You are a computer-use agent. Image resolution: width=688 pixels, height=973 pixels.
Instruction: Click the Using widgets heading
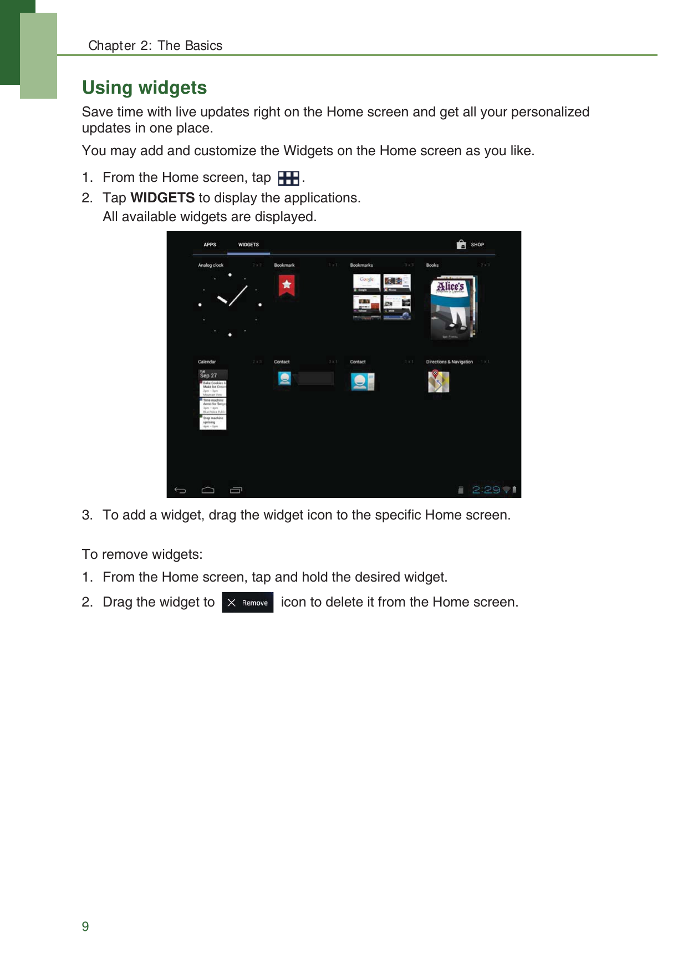coord(144,88)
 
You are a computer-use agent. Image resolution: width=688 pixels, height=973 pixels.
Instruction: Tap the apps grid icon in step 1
coord(288,178)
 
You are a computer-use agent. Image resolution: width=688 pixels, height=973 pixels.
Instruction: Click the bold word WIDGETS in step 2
coord(162,198)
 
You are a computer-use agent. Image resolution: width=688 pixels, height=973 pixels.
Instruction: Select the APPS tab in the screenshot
coord(210,244)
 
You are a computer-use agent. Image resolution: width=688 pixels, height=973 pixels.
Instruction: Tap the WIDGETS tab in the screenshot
coord(248,244)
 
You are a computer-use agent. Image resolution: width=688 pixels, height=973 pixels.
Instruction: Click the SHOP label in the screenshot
coord(477,244)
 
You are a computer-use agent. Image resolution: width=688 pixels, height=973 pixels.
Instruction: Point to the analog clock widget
coord(230,304)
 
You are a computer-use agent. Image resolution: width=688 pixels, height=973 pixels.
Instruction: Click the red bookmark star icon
coord(286,285)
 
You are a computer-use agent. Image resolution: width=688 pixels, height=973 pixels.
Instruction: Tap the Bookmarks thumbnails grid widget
coord(381,297)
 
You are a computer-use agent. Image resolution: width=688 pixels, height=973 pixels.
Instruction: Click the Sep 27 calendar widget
coord(213,399)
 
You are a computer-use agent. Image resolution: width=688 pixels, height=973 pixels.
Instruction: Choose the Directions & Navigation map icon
coord(438,381)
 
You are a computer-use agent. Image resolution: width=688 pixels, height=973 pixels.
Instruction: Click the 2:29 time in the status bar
coord(486,490)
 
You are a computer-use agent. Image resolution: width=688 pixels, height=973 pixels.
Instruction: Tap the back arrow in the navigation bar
coord(180,490)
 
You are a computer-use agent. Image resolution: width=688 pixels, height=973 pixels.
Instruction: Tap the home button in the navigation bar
coord(208,490)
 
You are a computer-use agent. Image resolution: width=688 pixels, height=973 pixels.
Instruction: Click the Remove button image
coord(247,603)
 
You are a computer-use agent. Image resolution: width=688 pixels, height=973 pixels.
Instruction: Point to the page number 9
coord(85,926)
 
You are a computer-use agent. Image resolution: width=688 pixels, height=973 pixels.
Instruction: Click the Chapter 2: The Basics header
coord(155,45)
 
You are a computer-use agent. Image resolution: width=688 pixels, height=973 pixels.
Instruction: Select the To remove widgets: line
coord(142,554)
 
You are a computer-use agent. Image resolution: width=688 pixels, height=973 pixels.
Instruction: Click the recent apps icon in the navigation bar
coord(236,490)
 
